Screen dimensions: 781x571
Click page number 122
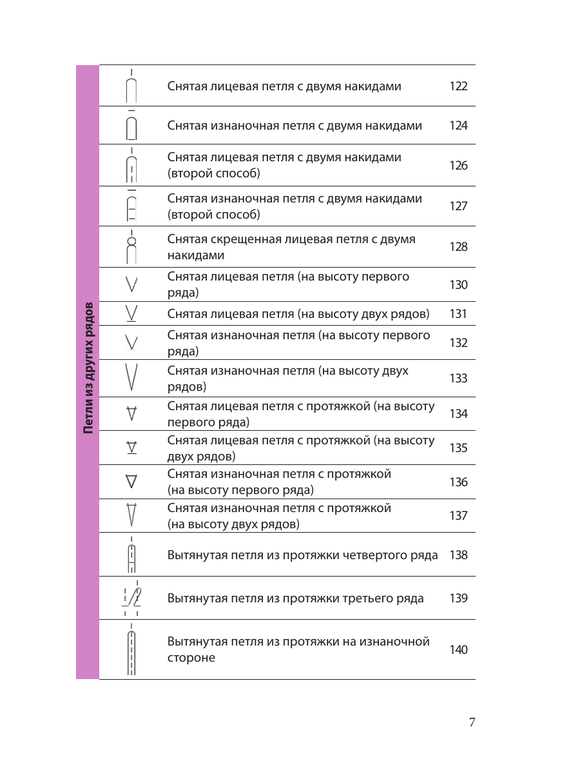[x=458, y=86]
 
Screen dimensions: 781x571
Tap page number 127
[x=458, y=206]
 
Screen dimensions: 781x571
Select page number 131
[x=458, y=314]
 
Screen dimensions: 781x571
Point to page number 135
[x=458, y=448]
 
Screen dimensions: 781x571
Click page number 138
[x=458, y=555]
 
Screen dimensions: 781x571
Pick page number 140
[x=458, y=650]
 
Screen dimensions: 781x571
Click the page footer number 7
[x=472, y=722]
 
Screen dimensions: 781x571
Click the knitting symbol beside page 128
[x=131, y=247]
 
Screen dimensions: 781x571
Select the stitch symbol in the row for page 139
[x=131, y=598]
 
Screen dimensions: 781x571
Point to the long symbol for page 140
[x=131, y=650]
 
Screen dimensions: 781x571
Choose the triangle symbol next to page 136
[x=131, y=482]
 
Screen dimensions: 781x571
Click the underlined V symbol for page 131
[x=131, y=313]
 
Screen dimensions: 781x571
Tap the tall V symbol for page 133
[x=131, y=377]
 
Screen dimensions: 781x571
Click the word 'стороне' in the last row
[x=191, y=658]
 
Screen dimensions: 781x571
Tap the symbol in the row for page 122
[x=131, y=86]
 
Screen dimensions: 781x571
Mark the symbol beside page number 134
[x=131, y=413]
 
